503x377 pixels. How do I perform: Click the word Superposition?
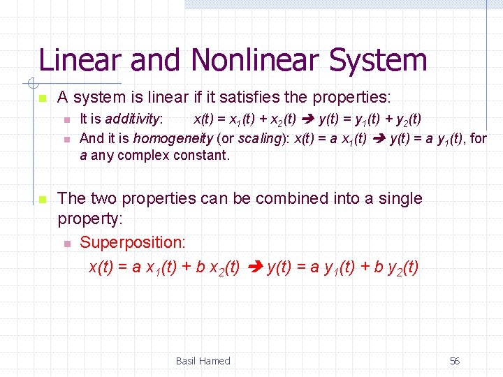click(x=133, y=243)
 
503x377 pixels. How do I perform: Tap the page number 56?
click(x=455, y=361)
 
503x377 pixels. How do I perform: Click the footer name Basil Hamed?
click(x=203, y=361)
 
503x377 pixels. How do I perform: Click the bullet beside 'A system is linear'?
click(x=42, y=98)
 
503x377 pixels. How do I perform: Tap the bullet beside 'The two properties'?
click(x=42, y=199)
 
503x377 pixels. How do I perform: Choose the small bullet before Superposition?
click(x=66, y=244)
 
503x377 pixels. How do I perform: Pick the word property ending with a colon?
click(x=90, y=219)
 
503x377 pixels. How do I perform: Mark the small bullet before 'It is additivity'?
click(x=66, y=120)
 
